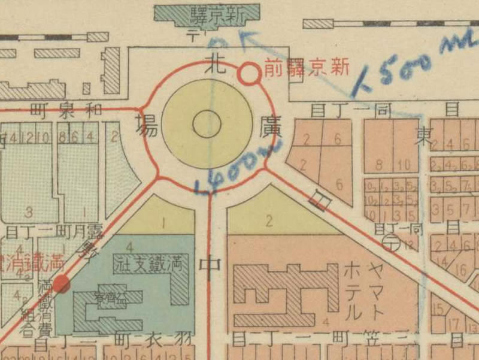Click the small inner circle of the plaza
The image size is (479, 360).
pyautogui.click(x=207, y=125)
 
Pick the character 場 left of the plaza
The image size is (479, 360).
pyautogui.click(x=146, y=126)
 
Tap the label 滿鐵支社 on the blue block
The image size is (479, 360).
pyautogui.click(x=150, y=262)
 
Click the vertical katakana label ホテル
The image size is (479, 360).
pyautogui.click(x=353, y=291)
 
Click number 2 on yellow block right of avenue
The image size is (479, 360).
pyautogui.click(x=269, y=220)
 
